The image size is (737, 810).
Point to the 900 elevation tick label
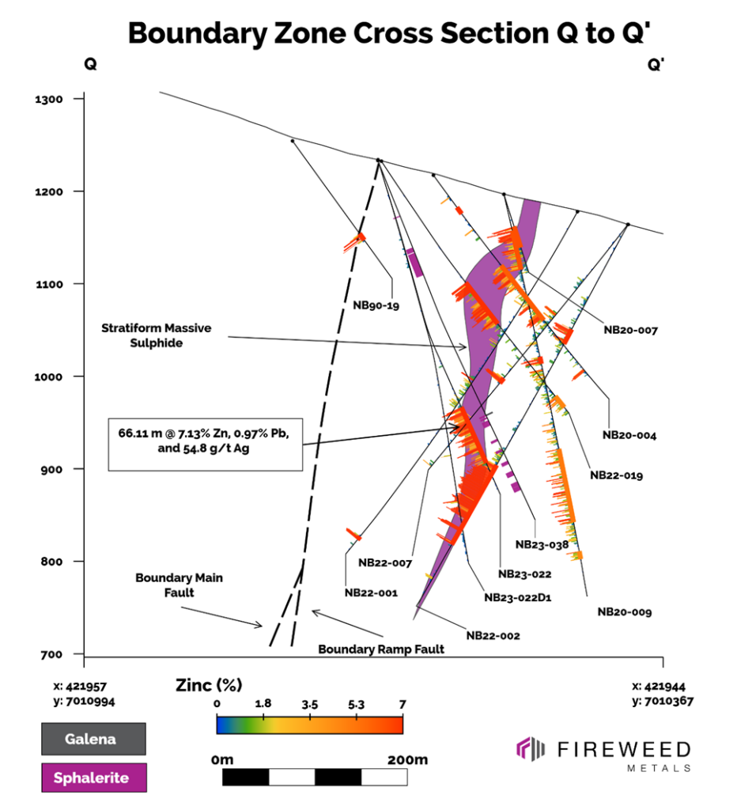53,469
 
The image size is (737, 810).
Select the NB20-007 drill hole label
630,330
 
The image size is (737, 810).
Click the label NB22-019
617,475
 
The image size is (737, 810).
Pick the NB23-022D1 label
517,597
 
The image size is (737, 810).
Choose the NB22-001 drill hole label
371,591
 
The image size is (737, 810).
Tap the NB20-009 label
624,611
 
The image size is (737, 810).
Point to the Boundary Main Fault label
179,585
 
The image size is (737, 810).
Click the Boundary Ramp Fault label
381,649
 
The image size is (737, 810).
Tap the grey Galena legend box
93,740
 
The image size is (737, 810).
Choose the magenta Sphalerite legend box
93,778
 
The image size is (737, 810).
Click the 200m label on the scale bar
407,760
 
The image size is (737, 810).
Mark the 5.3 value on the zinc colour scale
357,703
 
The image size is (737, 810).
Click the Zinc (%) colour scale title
208,684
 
